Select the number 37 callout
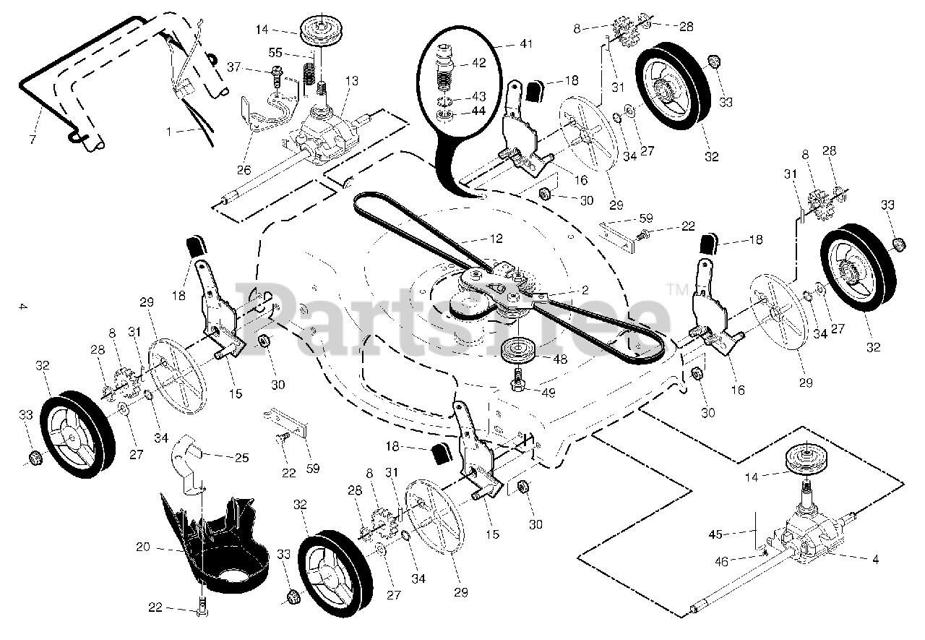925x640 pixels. pyautogui.click(x=253, y=67)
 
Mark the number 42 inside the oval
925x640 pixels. pyautogui.click(x=478, y=63)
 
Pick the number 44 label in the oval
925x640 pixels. pyautogui.click(x=478, y=111)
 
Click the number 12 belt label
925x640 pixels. pyautogui.click(x=474, y=236)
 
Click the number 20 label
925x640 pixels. pyautogui.click(x=143, y=547)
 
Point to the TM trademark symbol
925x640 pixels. pyautogui.click(x=679, y=291)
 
